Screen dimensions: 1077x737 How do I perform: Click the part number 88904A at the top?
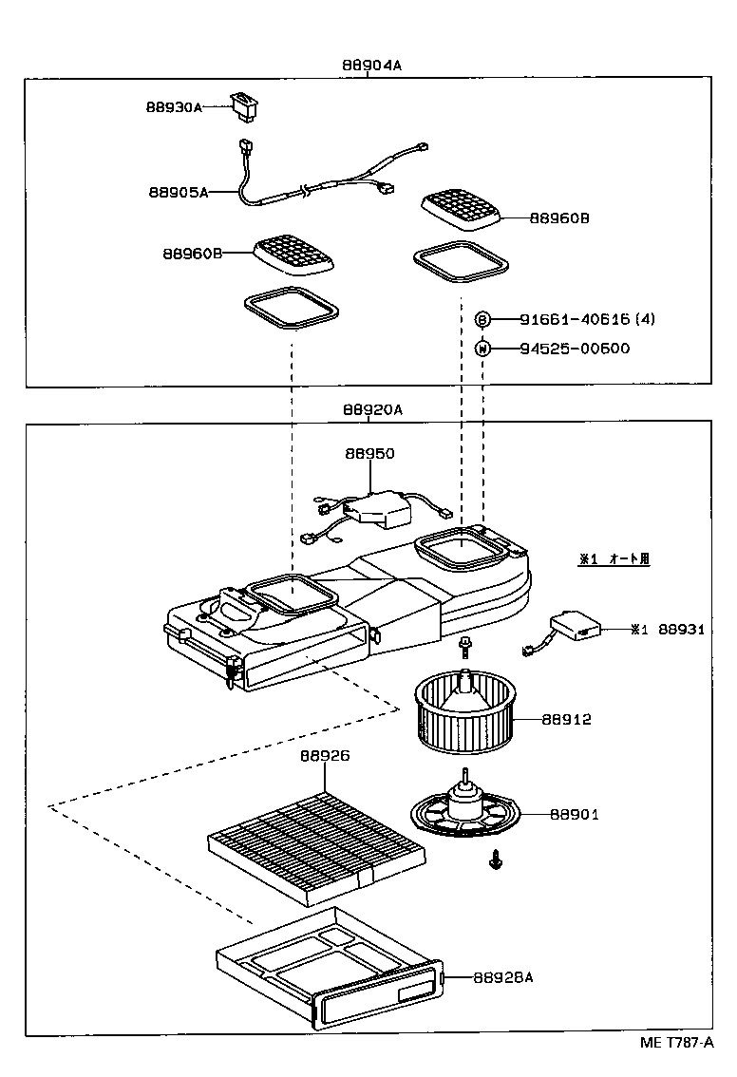pos(372,66)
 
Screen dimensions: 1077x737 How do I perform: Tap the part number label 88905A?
pos(178,191)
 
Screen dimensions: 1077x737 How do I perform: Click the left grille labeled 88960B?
pos(293,255)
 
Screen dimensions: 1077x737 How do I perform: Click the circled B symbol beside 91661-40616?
pos(482,319)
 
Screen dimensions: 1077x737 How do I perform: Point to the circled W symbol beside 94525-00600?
pos(482,348)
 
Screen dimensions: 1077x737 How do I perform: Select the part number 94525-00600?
pos(575,348)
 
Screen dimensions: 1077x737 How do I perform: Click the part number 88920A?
pos(372,409)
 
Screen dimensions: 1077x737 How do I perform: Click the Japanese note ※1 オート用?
pos(614,559)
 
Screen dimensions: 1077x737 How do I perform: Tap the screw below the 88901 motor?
pos(495,861)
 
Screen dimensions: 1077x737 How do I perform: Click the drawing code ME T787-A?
pos(676,1042)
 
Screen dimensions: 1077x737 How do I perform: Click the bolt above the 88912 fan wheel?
pos(465,647)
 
